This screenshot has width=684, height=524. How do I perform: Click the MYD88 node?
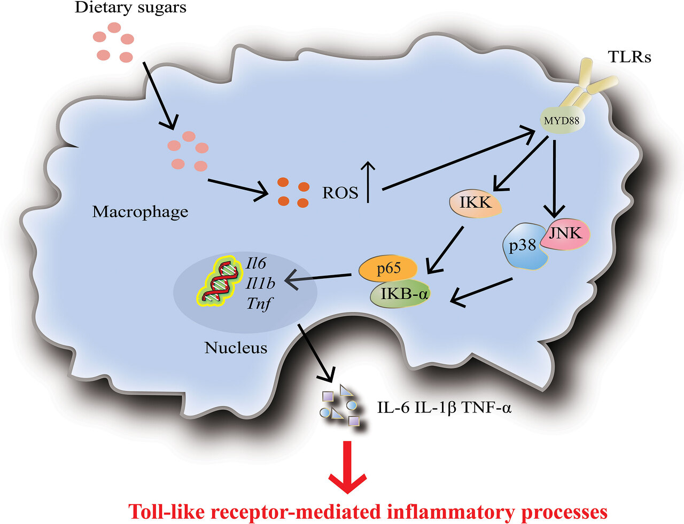561,121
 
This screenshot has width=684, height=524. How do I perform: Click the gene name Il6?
256,263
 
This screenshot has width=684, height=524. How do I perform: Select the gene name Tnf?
259,304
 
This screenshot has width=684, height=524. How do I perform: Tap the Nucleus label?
236,348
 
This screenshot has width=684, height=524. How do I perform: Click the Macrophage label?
140,212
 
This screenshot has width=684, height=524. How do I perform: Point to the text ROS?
340,193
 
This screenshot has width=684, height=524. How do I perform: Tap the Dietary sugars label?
130,7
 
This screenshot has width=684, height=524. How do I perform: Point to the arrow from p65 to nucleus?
318,278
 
